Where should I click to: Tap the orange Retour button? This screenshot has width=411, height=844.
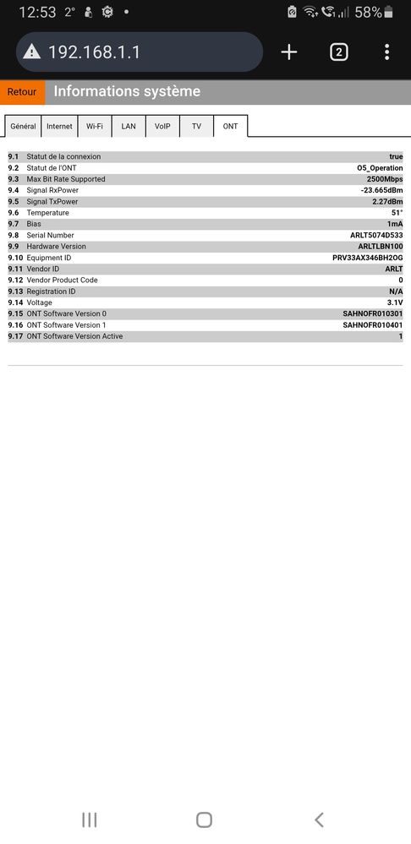[x=22, y=92]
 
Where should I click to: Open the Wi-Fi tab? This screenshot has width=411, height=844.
[x=94, y=126]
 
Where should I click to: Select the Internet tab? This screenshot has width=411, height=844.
[x=59, y=126]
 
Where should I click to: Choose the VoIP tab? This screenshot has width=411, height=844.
[x=162, y=126]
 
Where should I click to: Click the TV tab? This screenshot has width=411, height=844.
[x=196, y=126]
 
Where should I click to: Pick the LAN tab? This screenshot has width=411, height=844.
[x=129, y=126]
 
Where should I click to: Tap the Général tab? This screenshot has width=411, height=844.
[x=23, y=126]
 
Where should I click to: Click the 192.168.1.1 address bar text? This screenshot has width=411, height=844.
[x=95, y=52]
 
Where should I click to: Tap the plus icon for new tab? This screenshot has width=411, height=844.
[x=289, y=52]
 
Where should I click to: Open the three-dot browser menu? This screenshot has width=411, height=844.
[x=386, y=52]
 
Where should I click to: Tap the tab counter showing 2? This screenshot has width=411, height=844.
[x=338, y=52]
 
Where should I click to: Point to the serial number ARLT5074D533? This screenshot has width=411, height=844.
[x=376, y=235]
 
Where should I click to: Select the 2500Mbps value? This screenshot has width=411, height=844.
[x=385, y=179]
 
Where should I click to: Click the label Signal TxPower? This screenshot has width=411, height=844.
[x=52, y=202]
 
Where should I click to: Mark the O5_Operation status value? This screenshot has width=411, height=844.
[x=380, y=168]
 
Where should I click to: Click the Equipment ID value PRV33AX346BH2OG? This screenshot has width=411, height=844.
[x=368, y=258]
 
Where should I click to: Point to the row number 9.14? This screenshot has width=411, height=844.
[x=15, y=302]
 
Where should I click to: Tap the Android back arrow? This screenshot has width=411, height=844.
[x=319, y=819]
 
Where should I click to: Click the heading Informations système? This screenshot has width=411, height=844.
[x=127, y=91]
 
